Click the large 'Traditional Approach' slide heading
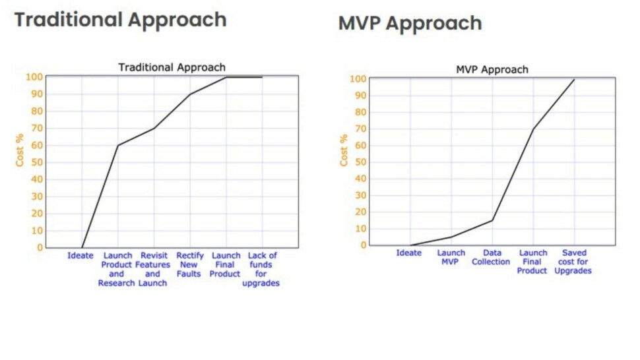click(x=120, y=20)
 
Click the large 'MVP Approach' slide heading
click(x=410, y=24)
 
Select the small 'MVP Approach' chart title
click(x=492, y=69)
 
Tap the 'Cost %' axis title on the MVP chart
click(x=344, y=150)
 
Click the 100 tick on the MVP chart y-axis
click(x=357, y=79)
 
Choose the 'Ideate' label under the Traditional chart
click(x=80, y=256)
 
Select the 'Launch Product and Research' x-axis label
click(x=117, y=269)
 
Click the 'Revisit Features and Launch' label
click(x=152, y=269)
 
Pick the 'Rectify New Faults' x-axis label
click(x=189, y=264)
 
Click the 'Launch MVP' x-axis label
click(x=451, y=257)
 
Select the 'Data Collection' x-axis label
click(x=491, y=257)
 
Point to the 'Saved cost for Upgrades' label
click(x=574, y=262)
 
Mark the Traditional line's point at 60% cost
click(x=117, y=145)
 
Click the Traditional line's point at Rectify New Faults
click(x=190, y=94)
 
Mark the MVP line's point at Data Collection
click(x=492, y=220)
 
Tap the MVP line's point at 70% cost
click(x=532, y=129)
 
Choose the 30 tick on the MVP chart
click(x=360, y=195)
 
